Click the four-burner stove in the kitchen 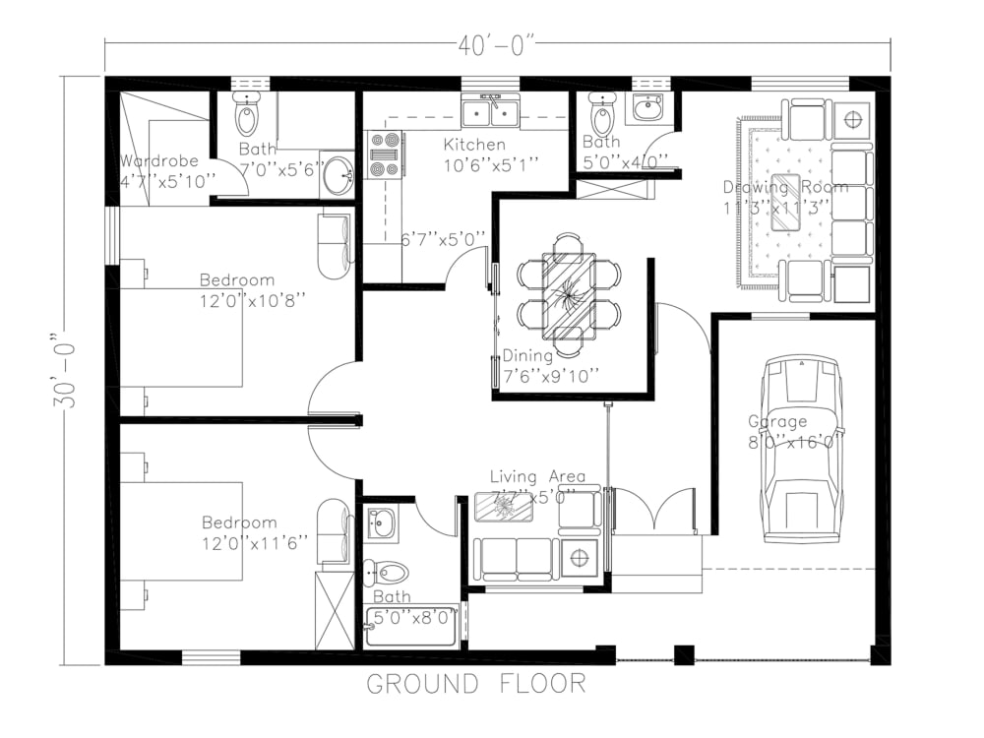[x=385, y=156]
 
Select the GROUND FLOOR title [x=477, y=683]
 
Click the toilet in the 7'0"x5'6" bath [x=246, y=116]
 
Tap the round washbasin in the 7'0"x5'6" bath [x=338, y=177]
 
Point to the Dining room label [x=527, y=356]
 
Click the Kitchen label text [x=474, y=146]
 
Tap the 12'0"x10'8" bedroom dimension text [x=252, y=300]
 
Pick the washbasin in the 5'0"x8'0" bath [x=382, y=522]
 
